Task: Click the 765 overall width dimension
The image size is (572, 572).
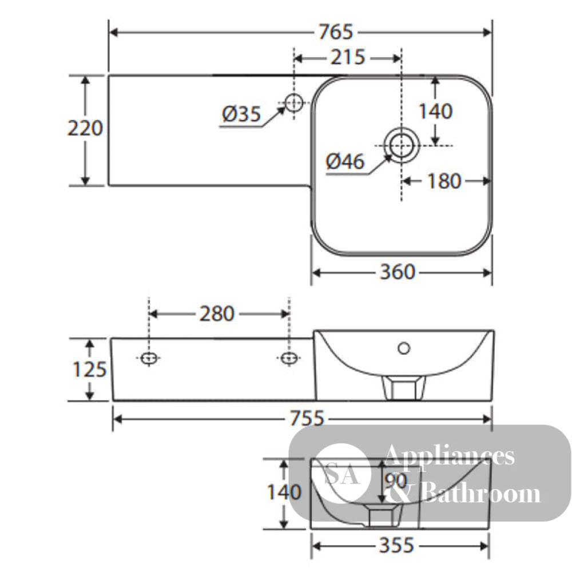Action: pos(336,32)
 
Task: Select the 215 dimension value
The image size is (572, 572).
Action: pos(348,57)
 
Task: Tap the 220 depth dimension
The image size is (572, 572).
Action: pos(85,128)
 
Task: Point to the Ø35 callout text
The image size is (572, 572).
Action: pos(241,114)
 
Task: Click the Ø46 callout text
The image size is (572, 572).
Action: pos(345,161)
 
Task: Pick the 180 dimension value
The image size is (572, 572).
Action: pos(444,181)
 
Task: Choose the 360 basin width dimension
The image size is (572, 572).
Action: pos(398,272)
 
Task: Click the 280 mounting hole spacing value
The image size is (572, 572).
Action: pos(217,313)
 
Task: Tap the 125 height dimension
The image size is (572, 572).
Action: pos(90,369)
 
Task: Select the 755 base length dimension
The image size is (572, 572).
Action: pos(307,418)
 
